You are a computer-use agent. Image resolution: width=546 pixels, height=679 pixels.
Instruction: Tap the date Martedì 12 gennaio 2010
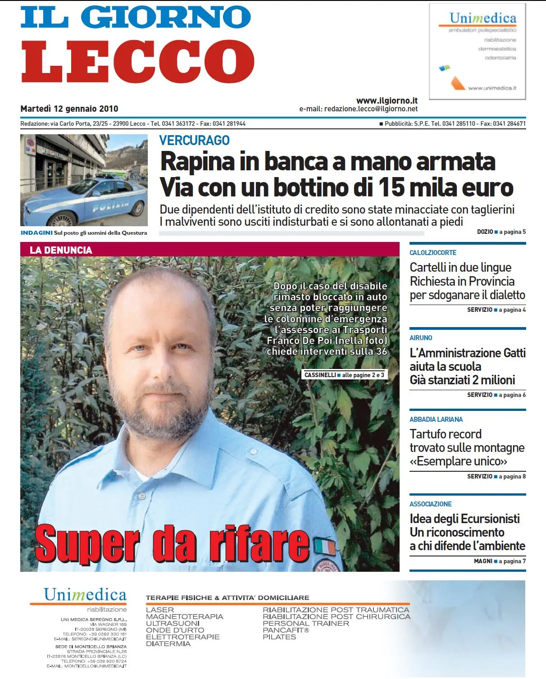coord(69,109)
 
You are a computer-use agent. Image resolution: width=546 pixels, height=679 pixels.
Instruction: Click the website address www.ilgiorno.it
coord(387,100)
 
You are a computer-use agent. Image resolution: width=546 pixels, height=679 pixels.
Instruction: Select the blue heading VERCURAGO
coord(194,141)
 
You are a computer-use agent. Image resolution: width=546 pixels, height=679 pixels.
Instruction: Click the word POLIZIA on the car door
coord(110,206)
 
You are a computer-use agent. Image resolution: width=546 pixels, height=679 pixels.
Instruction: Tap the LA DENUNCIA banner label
coord(61,250)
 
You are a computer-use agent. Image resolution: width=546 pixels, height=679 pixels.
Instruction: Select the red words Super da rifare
coord(172,544)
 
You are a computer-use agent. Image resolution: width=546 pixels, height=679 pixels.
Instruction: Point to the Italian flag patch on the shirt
coord(325,546)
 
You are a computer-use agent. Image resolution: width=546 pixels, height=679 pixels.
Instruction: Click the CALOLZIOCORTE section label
coord(432,253)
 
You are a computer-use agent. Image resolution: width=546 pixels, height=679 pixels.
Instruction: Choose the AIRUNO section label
coord(421,338)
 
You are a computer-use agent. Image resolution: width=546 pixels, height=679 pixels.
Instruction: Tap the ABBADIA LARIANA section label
coord(436,419)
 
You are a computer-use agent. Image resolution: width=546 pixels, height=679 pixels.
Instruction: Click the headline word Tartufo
coord(429,434)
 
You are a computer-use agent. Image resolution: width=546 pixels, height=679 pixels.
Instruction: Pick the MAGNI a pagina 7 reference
coord(499,561)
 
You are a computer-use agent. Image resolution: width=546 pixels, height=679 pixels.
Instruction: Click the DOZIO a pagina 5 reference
coord(501,232)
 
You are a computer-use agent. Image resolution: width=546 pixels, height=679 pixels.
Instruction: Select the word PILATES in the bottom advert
coord(279,637)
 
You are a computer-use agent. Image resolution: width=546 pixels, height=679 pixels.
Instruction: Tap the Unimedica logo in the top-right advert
coord(482,18)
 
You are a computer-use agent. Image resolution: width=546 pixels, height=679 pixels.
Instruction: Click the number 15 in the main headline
coord(391,187)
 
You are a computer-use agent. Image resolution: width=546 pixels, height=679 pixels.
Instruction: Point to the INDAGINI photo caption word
coord(36,233)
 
